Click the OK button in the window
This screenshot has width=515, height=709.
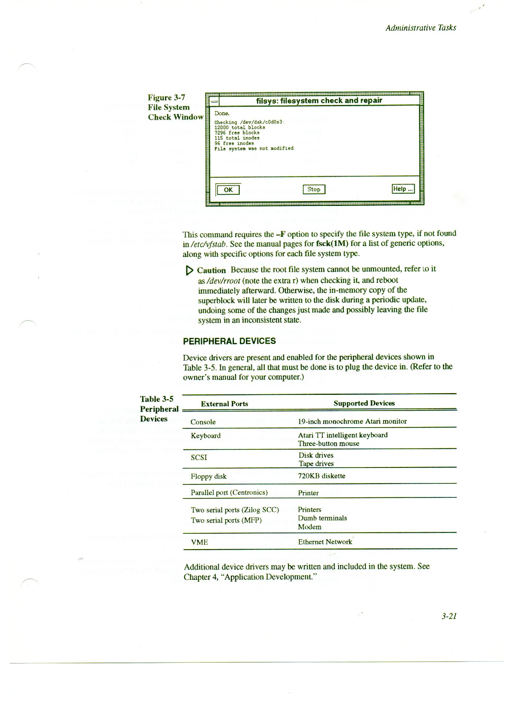(228, 190)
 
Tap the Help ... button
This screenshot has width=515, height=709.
(403, 189)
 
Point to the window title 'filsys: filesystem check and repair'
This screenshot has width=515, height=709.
(319, 100)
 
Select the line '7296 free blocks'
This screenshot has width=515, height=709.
(237, 133)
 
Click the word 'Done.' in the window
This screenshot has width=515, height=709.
(222, 113)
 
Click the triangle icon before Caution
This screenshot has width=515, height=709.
(189, 270)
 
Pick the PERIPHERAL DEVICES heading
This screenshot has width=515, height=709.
(229, 341)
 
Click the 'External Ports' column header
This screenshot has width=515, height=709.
(224, 404)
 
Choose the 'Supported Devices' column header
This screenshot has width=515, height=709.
(364, 403)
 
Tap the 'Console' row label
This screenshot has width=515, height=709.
(203, 422)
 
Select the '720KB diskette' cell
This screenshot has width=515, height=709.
(321, 476)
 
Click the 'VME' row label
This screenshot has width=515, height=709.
(199, 543)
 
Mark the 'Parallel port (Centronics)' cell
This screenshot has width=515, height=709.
(229, 493)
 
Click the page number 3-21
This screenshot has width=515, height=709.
(449, 616)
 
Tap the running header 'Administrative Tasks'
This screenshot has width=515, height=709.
(420, 28)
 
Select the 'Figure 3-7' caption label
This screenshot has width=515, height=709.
(166, 98)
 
